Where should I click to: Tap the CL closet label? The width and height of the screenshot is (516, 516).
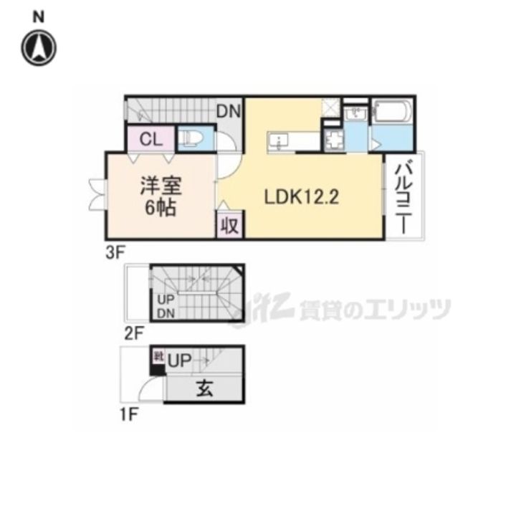[150, 138]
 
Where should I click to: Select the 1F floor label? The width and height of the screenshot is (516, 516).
[130, 414]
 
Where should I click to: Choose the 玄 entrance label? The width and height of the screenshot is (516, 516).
[204, 390]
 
